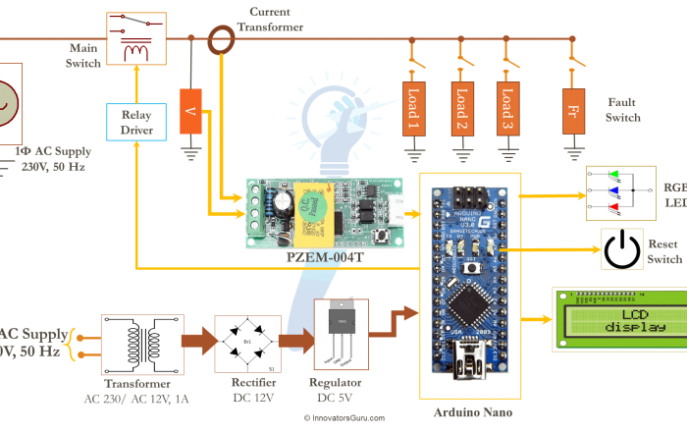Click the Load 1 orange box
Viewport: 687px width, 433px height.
tap(412, 108)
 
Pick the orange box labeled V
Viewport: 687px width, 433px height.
tap(190, 112)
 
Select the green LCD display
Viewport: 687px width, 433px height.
tap(619, 319)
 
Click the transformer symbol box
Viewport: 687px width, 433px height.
tap(142, 342)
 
